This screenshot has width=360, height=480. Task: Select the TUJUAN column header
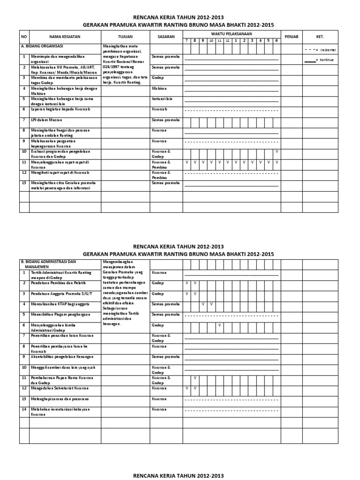coord(125,36)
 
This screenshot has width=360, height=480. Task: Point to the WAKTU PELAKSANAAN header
coord(231,34)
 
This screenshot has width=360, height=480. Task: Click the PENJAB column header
coord(292,36)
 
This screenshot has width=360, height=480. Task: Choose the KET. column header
coord(320,36)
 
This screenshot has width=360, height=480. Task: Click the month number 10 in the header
coord(211,41)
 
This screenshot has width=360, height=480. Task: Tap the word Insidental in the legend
coord(328,50)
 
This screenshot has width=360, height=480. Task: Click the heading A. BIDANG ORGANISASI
coord(42,46)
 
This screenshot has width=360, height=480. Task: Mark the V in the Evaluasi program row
coord(276,151)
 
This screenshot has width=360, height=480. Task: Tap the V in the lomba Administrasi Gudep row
coord(219,325)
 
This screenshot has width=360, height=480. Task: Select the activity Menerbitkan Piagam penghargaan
coord(59,314)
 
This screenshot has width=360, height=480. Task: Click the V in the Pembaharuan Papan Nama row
coord(195,377)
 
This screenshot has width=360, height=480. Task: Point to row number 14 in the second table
coord(24,409)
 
